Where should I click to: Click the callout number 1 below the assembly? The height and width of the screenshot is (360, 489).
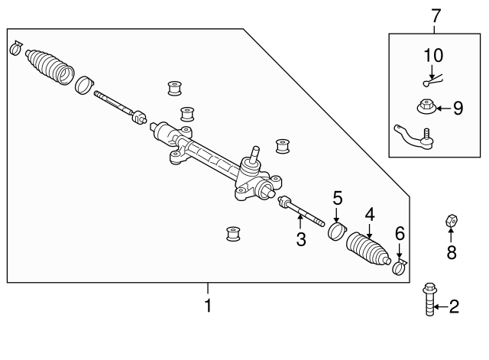pos(208,306)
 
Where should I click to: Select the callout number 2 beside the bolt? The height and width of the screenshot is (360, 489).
pos(454,307)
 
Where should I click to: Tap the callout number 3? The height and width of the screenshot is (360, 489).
pos(301,239)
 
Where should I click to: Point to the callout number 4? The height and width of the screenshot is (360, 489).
pos(370,215)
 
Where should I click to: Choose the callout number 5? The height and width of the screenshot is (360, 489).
pos(338,199)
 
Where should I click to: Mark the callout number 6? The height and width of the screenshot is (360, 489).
pos(400,234)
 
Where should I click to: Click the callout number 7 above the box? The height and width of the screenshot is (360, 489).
pos(436,15)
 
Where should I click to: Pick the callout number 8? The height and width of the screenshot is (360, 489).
pos(452,252)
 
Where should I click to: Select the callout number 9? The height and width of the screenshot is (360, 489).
pos(458,109)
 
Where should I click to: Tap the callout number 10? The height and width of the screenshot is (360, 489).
pos(433,56)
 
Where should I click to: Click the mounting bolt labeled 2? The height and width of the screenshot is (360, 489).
pos(429,299)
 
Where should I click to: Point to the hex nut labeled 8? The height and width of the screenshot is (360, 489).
pos(452,221)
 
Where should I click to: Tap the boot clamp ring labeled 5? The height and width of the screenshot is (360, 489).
pos(337,232)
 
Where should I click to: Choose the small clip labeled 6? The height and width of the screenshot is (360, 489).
pos(400,267)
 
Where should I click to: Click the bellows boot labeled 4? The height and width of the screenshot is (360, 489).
pos(368,248)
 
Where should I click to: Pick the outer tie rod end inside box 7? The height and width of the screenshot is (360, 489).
pos(413,137)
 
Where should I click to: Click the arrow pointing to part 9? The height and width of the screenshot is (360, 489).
pos(443,109)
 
